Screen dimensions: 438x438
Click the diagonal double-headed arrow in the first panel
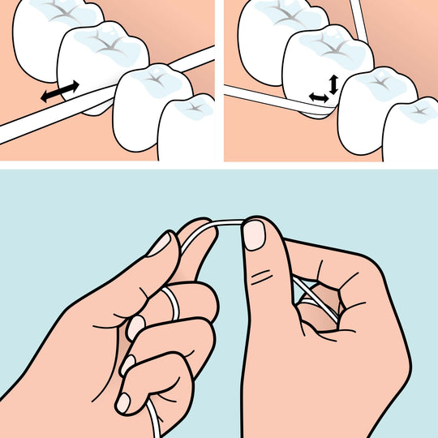click(x=62, y=91)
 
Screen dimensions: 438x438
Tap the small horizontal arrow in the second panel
click(x=318, y=97)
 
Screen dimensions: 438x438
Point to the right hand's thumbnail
click(x=255, y=235)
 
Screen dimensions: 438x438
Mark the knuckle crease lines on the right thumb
click(x=261, y=280)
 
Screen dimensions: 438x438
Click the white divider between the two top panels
click(x=219, y=81)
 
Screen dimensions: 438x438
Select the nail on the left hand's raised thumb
click(x=159, y=243)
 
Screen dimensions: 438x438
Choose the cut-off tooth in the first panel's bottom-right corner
click(x=188, y=130)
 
